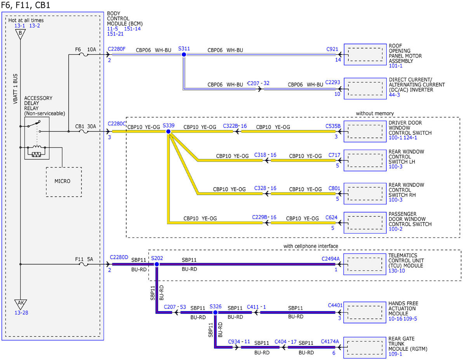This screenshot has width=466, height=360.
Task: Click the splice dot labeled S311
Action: click(x=184, y=55)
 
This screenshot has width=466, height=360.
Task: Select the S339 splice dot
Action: click(x=169, y=131)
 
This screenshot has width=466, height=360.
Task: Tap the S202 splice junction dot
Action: click(x=157, y=264)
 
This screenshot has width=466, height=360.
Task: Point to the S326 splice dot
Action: click(x=215, y=313)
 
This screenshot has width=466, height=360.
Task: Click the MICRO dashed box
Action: click(x=64, y=182)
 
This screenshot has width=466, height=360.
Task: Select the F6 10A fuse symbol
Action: click(x=83, y=55)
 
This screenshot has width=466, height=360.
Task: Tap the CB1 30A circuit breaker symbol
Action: click(x=83, y=131)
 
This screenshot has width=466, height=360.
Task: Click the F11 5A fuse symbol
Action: click(x=83, y=264)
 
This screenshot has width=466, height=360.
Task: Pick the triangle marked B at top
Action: click(x=20, y=34)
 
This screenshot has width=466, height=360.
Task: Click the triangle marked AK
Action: click(x=21, y=304)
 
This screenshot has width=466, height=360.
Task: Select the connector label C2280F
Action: click(x=116, y=49)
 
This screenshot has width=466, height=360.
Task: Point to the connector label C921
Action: click(x=332, y=49)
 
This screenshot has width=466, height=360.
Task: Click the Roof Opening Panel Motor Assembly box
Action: click(x=365, y=54)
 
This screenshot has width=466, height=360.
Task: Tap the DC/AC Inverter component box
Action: click(x=365, y=89)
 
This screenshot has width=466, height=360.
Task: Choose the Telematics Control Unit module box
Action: click(x=365, y=264)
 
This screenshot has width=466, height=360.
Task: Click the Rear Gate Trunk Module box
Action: click(x=365, y=348)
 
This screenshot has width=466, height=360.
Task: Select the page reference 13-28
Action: click(x=21, y=313)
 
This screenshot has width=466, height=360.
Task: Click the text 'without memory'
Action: click(x=375, y=113)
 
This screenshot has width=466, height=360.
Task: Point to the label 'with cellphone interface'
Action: click(x=311, y=246)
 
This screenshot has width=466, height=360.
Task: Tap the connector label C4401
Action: click(x=335, y=305)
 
